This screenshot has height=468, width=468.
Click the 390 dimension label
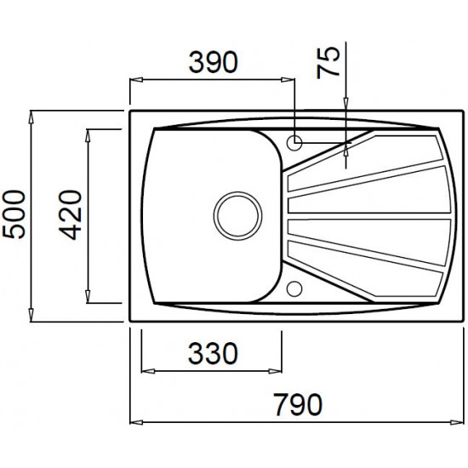click(x=213, y=62)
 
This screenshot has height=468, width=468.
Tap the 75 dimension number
click(x=328, y=62)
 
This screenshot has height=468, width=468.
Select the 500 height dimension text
click(x=14, y=214)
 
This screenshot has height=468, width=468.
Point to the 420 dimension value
click(x=70, y=215)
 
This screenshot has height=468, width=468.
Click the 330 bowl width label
click(x=213, y=353)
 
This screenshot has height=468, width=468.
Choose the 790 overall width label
click(x=298, y=404)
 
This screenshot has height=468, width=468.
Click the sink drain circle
click(x=238, y=215)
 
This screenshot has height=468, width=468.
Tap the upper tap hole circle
click(x=294, y=142)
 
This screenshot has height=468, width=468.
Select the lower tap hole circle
click(x=294, y=288)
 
